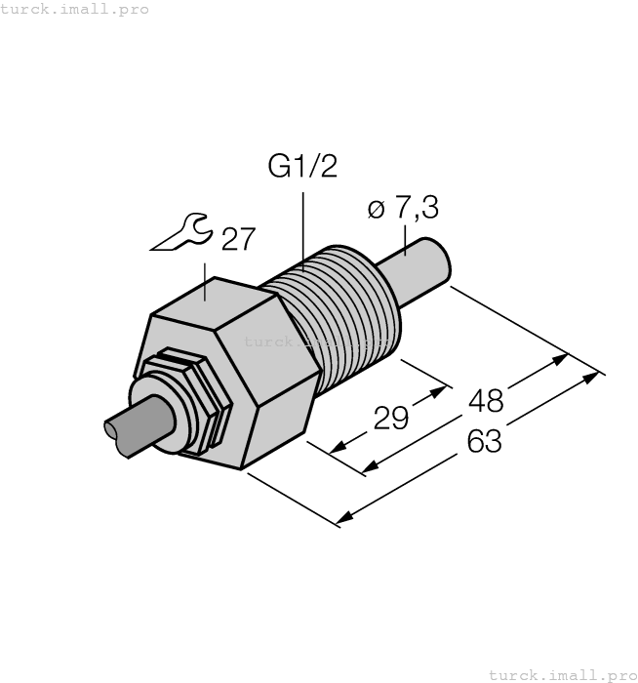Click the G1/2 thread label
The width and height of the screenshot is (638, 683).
(x=302, y=166)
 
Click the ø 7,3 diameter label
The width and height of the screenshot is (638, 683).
(x=402, y=208)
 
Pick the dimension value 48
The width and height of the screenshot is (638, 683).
(x=485, y=400)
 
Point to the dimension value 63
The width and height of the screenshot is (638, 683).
(x=485, y=441)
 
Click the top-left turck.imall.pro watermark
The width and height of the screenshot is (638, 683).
(x=75, y=9)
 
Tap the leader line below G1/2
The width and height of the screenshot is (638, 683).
(x=302, y=220)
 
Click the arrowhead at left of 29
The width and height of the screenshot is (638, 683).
(x=338, y=449)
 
